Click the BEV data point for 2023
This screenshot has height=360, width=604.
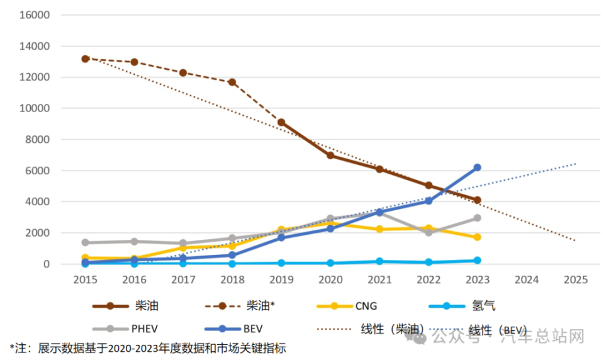pos(477,167)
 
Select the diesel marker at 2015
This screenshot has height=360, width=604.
pos(86,59)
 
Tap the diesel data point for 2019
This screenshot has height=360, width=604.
pos(281,123)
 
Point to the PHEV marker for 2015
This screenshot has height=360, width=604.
pos(86,242)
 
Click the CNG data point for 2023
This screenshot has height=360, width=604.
pos(477,237)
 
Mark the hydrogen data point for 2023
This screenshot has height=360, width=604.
pos(477,261)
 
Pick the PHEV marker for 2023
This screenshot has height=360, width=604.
pos(477,218)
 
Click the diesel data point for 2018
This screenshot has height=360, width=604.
pos(232,82)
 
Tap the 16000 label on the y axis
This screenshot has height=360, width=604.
pos(37,15)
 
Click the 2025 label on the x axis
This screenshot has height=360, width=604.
pos(575,279)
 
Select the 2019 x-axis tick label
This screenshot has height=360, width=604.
pos(281,279)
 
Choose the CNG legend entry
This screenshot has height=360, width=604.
pos(366,307)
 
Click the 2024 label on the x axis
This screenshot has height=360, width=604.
pos(526,279)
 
